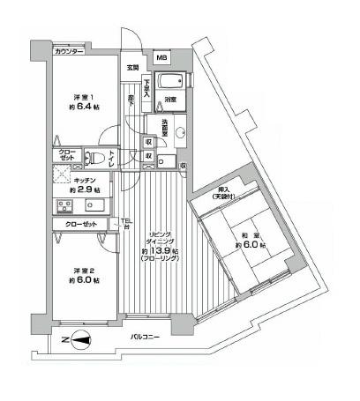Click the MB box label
click(161, 59)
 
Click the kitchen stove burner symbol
click(64, 207)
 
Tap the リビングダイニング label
click(160, 238)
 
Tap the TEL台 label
click(125, 224)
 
